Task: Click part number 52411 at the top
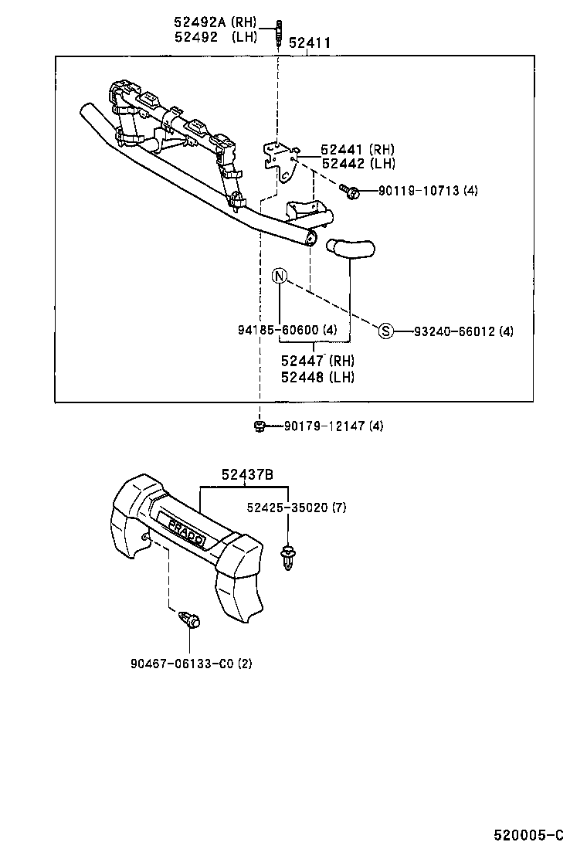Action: click(310, 44)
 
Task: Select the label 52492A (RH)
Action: click(215, 22)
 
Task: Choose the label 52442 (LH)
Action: click(358, 164)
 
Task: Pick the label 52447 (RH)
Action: click(317, 361)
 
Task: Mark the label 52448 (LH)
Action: click(317, 377)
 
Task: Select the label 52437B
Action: click(247, 476)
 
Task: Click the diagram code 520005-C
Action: click(529, 835)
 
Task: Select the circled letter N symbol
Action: click(279, 276)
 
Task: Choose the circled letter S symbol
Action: click(386, 331)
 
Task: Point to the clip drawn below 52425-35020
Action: click(289, 558)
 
